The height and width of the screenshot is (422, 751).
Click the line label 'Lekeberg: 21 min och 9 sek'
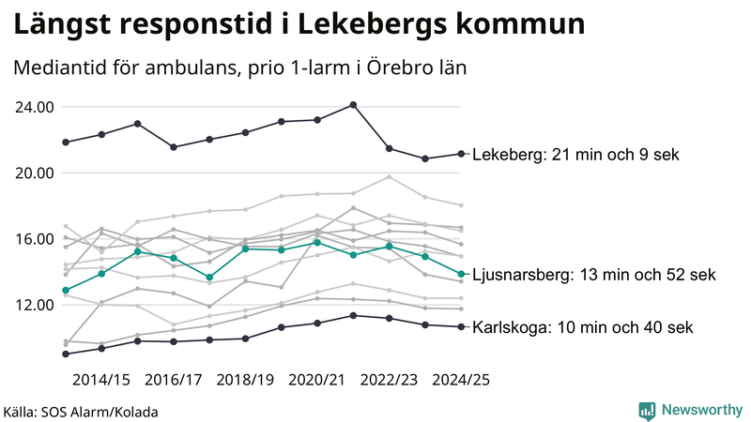click(575, 155)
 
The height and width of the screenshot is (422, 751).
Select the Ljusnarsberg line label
click(594, 275)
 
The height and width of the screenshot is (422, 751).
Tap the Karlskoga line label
click(582, 327)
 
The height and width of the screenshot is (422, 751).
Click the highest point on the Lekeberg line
click(353, 105)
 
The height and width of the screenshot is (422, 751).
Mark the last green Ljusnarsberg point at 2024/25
click(461, 274)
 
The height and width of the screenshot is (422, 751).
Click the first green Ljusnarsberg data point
click(66, 291)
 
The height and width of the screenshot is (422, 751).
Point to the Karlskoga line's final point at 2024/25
click(461, 326)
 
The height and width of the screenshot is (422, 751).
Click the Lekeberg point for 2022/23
click(390, 148)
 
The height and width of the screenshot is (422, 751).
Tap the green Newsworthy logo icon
click(647, 410)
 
